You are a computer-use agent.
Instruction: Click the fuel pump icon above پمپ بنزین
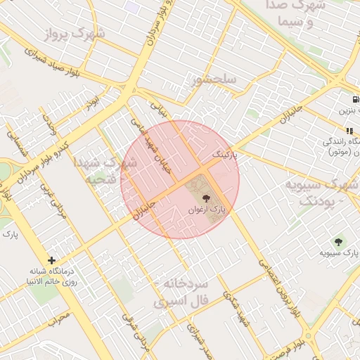pos(356,98)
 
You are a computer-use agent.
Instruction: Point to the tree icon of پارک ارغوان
pos(206,199)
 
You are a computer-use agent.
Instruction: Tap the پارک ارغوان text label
pos(209,210)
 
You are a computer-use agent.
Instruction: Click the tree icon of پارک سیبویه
pos(339,242)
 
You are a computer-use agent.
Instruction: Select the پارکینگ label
pos(226,153)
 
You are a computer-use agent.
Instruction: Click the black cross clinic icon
pos(51,260)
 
